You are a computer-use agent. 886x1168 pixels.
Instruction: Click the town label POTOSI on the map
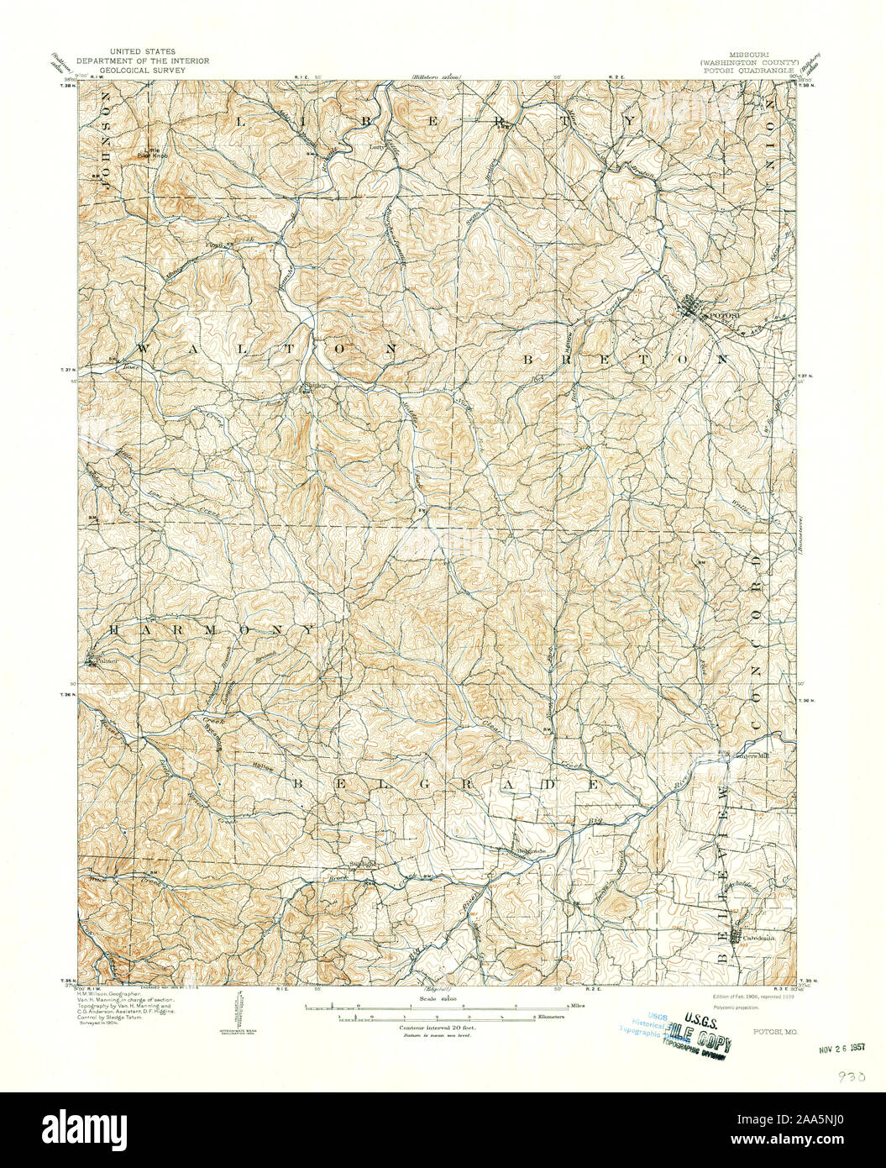pos(722,315)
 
